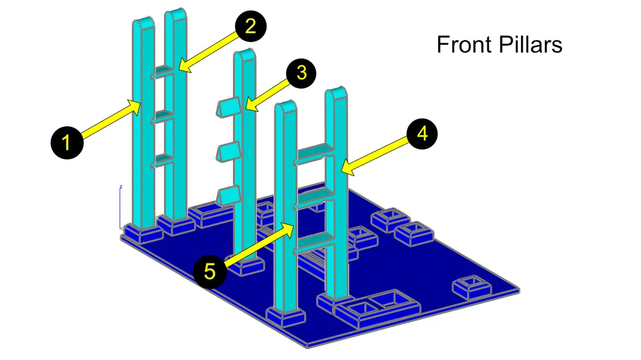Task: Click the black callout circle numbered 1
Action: click(x=67, y=143)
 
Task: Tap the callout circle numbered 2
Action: click(x=251, y=26)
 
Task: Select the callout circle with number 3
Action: click(x=301, y=73)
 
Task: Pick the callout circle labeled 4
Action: click(x=422, y=134)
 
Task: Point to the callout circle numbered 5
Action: click(x=210, y=271)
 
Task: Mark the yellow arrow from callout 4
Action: click(x=374, y=156)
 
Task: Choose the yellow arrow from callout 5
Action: click(x=259, y=244)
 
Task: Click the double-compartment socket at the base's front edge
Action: click(x=377, y=308)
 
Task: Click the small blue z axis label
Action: click(x=121, y=187)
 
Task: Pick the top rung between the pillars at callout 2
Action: click(x=164, y=71)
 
